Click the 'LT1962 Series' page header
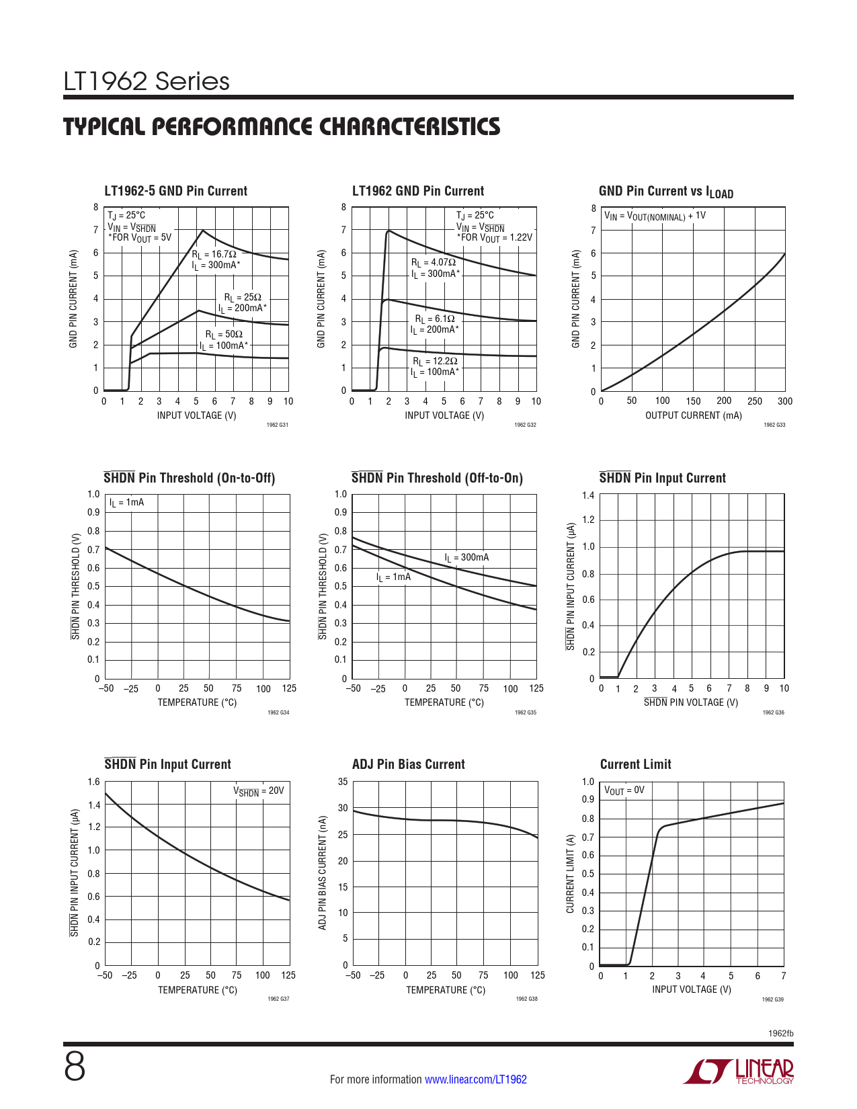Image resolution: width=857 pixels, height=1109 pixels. point(147,82)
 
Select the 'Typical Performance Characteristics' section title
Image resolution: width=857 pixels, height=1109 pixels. point(282,127)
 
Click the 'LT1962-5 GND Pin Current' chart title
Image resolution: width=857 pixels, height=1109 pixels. point(175,191)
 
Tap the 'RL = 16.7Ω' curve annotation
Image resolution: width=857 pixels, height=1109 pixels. point(214,255)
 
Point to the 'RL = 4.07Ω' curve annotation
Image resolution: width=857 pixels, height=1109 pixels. point(434,263)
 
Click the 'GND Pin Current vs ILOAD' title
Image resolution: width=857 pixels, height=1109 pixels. point(665,192)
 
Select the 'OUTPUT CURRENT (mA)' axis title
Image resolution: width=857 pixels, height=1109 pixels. point(693,415)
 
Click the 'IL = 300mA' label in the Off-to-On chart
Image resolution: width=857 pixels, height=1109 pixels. point(466,558)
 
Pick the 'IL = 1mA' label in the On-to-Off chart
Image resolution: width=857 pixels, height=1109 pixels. point(126,503)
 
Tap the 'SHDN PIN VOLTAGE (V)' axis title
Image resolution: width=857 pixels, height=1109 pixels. point(690,702)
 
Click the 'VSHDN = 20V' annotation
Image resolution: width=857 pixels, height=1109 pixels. point(259,791)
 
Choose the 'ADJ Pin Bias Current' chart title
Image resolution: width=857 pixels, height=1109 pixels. point(408,764)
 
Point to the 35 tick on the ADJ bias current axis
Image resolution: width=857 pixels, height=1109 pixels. point(343,782)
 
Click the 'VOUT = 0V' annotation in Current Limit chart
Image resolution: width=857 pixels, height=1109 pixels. point(624,790)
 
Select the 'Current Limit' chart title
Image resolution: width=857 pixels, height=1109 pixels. point(635,764)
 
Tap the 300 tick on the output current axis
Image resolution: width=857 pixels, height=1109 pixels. point(784,401)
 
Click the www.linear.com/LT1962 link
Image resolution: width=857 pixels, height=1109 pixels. point(475,1079)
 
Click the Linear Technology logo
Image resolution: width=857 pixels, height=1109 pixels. point(739,1071)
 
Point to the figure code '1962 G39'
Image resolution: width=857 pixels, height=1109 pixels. point(772,999)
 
